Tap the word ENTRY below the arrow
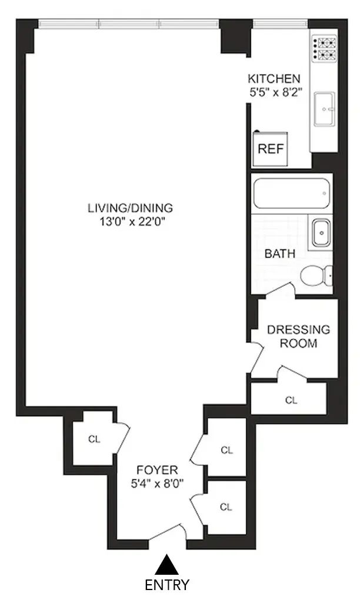coord(167,585)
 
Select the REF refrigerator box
coord(271,149)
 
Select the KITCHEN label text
coord(274,79)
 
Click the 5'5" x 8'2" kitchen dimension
coord(274,92)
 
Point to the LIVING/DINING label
coord(130,208)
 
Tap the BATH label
coord(280,254)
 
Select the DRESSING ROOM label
coord(299,336)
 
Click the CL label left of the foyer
coord(94,439)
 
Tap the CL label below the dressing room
coord(291,400)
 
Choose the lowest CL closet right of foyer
coord(226,507)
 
